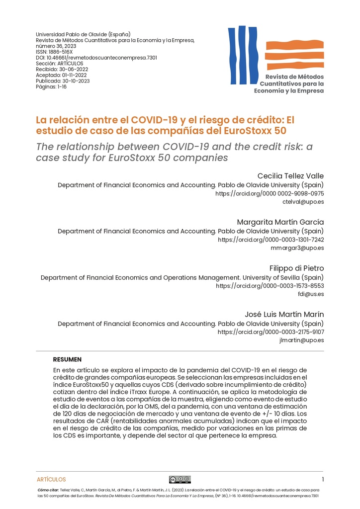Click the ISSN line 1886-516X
[54, 52]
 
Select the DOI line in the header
[96, 58]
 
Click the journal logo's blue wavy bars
[240, 55]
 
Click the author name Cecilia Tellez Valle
[290, 176]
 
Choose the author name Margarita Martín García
[280, 222]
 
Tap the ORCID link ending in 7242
[271, 240]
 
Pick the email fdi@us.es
[311, 294]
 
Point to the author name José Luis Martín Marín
[284, 314]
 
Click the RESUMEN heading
[67, 359]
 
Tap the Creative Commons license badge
[180, 480]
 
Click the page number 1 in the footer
[323, 480]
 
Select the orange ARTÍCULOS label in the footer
[51, 480]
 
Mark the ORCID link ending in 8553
[270, 286]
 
